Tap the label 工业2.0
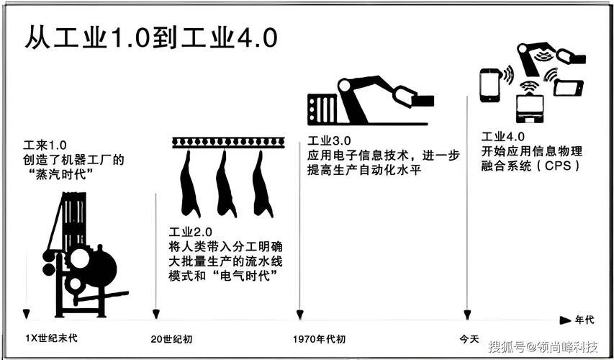pyautogui.click(x=191, y=232)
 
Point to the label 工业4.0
pyautogui.click(x=503, y=137)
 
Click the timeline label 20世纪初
pyautogui.click(x=171, y=338)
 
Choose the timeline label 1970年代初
pyautogui.click(x=319, y=338)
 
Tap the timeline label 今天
pyautogui.click(x=469, y=338)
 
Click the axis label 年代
pyautogui.click(x=584, y=319)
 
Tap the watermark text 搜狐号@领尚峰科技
pyautogui.click(x=543, y=348)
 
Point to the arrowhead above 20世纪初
pyautogui.click(x=155, y=315)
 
